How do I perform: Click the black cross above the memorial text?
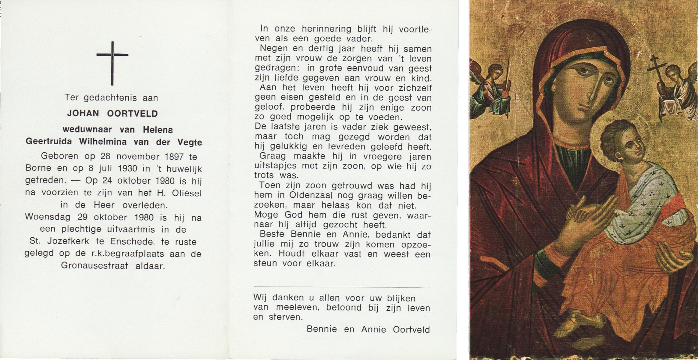112,63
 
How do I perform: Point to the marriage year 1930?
127,169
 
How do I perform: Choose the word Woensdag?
48,217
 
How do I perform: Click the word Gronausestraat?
94,266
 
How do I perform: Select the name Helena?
158,130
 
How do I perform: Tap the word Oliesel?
187,193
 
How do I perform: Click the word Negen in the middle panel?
274,48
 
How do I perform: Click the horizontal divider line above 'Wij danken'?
342,288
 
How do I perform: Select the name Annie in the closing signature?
373,329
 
